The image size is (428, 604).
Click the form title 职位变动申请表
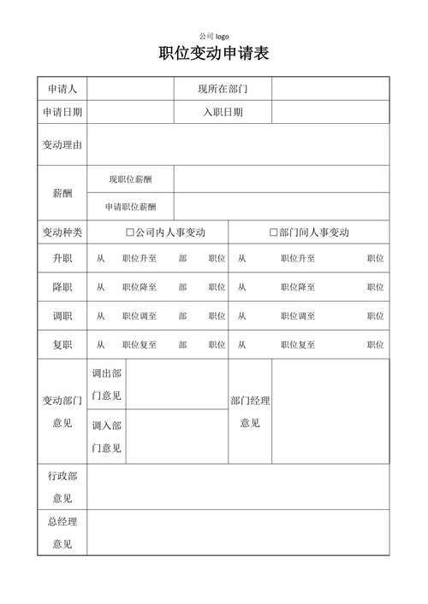tap(214, 54)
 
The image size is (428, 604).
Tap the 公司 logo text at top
tap(214, 36)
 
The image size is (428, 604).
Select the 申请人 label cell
tap(62, 89)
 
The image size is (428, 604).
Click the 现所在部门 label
tap(223, 89)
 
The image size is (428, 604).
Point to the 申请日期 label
tap(62, 112)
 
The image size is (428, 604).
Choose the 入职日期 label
tap(223, 112)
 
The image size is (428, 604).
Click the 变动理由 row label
tap(62, 145)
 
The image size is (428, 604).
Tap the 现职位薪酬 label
tap(130, 179)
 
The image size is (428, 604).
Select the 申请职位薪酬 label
tap(130, 206)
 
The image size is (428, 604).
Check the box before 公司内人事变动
tap(130, 232)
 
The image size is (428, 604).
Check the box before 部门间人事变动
tap(274, 232)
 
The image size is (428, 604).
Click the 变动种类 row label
tap(62, 232)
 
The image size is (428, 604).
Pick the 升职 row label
tap(62, 258)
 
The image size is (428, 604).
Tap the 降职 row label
tap(62, 287)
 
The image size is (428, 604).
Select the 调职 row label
tap(62, 316)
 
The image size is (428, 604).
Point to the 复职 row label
tap(62, 345)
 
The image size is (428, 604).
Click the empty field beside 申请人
tap(130, 89)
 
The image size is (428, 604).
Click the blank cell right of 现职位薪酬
tap(281, 179)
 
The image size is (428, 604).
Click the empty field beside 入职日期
tap(330, 112)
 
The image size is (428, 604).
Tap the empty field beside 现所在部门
tap(330, 89)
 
